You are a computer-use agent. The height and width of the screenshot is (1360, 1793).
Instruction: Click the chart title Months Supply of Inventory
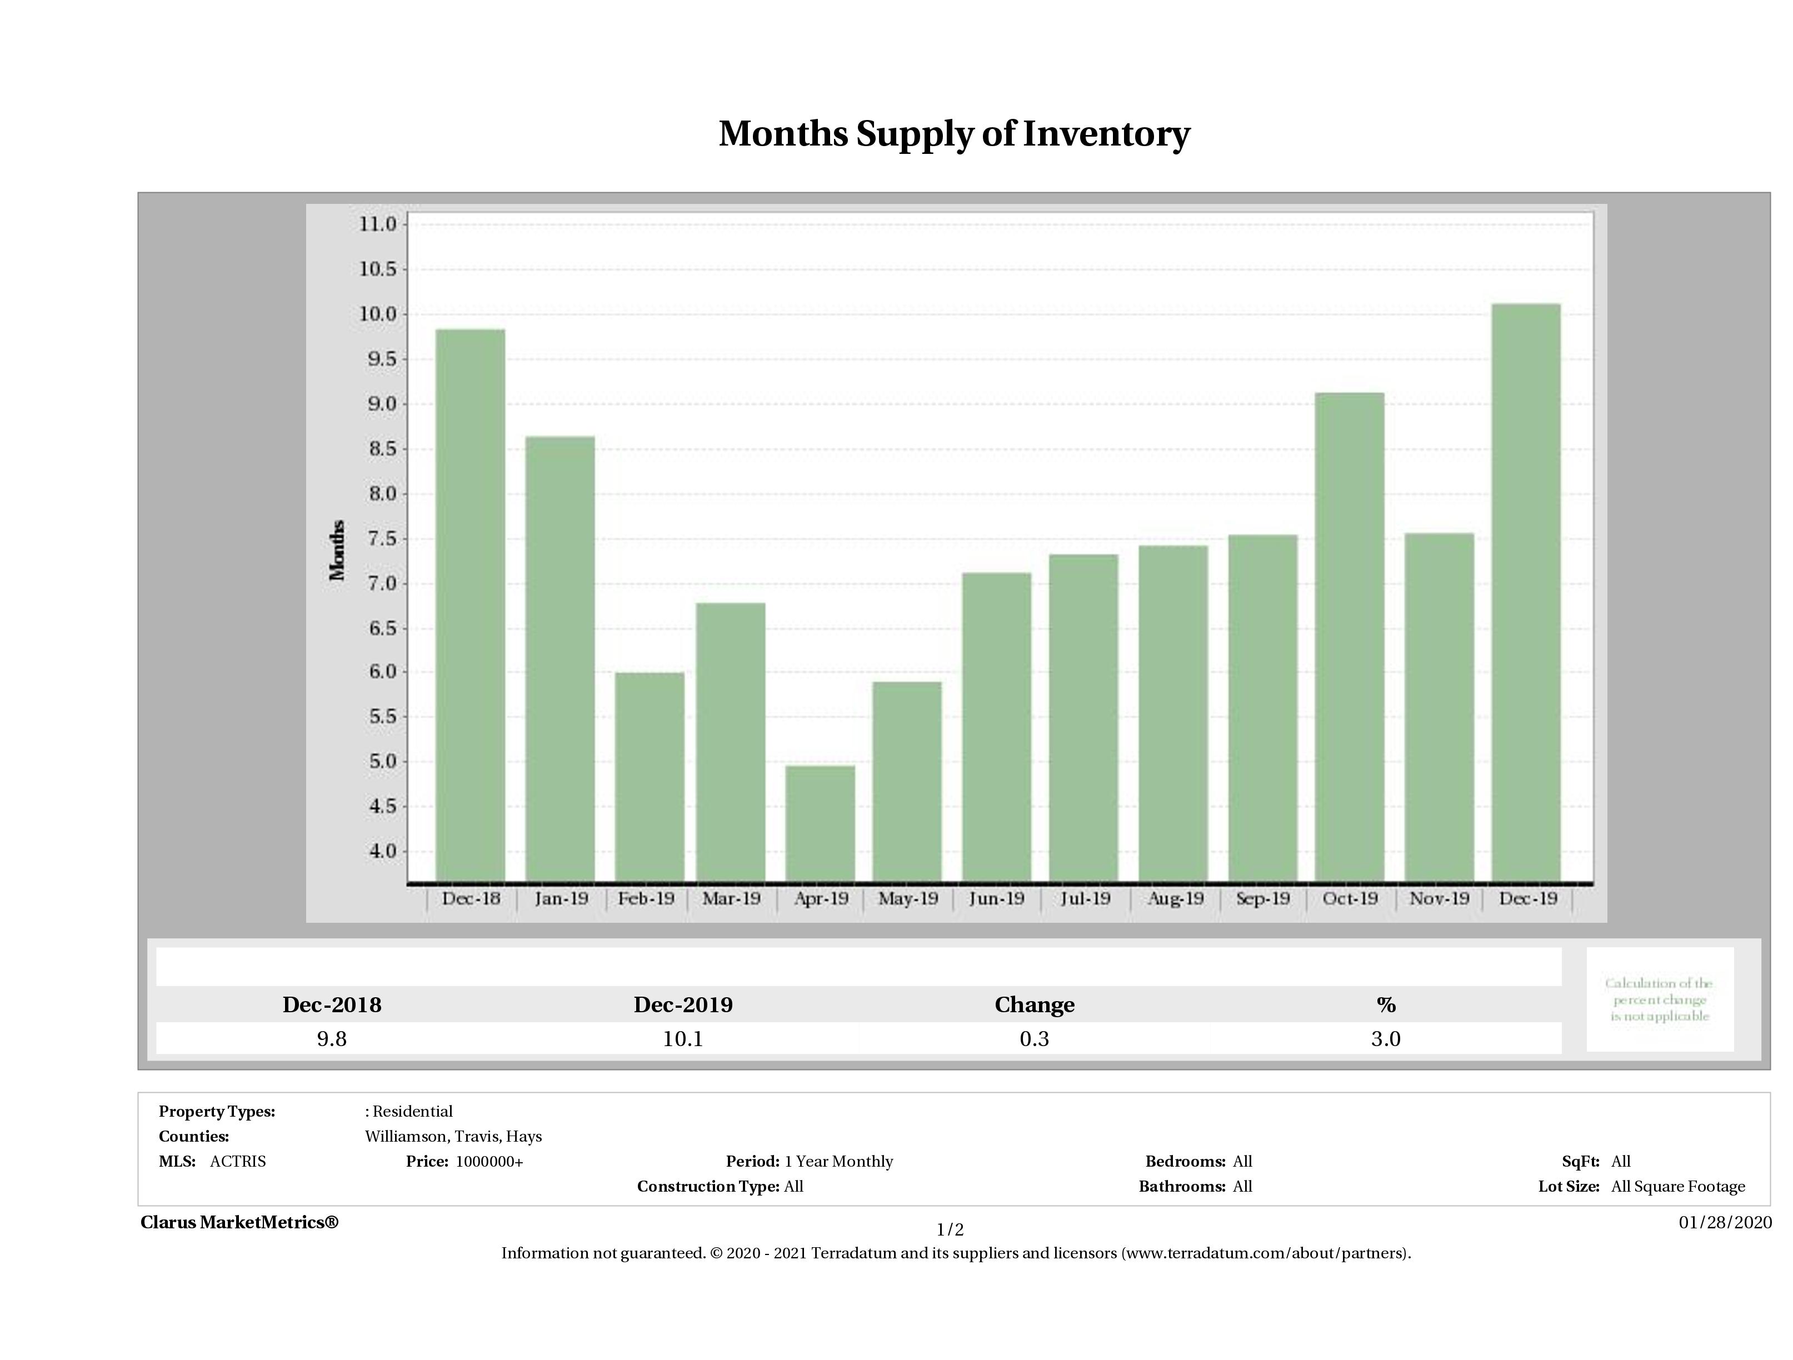coord(954,134)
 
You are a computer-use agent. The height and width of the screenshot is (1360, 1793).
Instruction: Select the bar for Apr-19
coord(820,823)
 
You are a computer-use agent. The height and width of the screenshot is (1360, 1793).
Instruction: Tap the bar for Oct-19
coord(1350,636)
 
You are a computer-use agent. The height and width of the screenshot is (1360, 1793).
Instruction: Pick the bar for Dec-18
coord(470,604)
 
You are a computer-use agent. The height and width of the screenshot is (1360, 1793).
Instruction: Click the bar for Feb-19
coord(650,777)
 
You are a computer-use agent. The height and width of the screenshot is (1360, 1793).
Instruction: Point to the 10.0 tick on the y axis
coord(378,314)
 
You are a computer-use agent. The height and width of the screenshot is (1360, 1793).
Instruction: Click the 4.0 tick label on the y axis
coord(378,852)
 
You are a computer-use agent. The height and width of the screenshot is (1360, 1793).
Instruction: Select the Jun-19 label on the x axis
coord(996,898)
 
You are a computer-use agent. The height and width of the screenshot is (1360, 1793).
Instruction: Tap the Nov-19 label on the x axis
coord(1439,898)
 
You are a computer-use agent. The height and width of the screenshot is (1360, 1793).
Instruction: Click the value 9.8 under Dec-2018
coord(332,1039)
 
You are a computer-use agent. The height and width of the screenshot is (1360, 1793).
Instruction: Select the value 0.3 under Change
coord(1035,1039)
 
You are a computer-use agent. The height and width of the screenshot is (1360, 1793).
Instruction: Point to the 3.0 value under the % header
coord(1385,1039)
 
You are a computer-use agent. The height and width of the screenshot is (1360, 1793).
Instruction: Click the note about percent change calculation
coord(1659,999)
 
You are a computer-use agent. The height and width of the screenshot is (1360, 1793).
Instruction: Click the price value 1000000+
coord(490,1162)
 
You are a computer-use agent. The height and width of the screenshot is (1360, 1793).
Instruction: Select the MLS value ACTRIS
coord(237,1162)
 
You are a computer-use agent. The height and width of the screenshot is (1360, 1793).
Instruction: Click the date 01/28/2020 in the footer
coord(1725,1222)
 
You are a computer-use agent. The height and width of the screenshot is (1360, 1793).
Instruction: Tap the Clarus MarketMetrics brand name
coord(239,1222)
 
